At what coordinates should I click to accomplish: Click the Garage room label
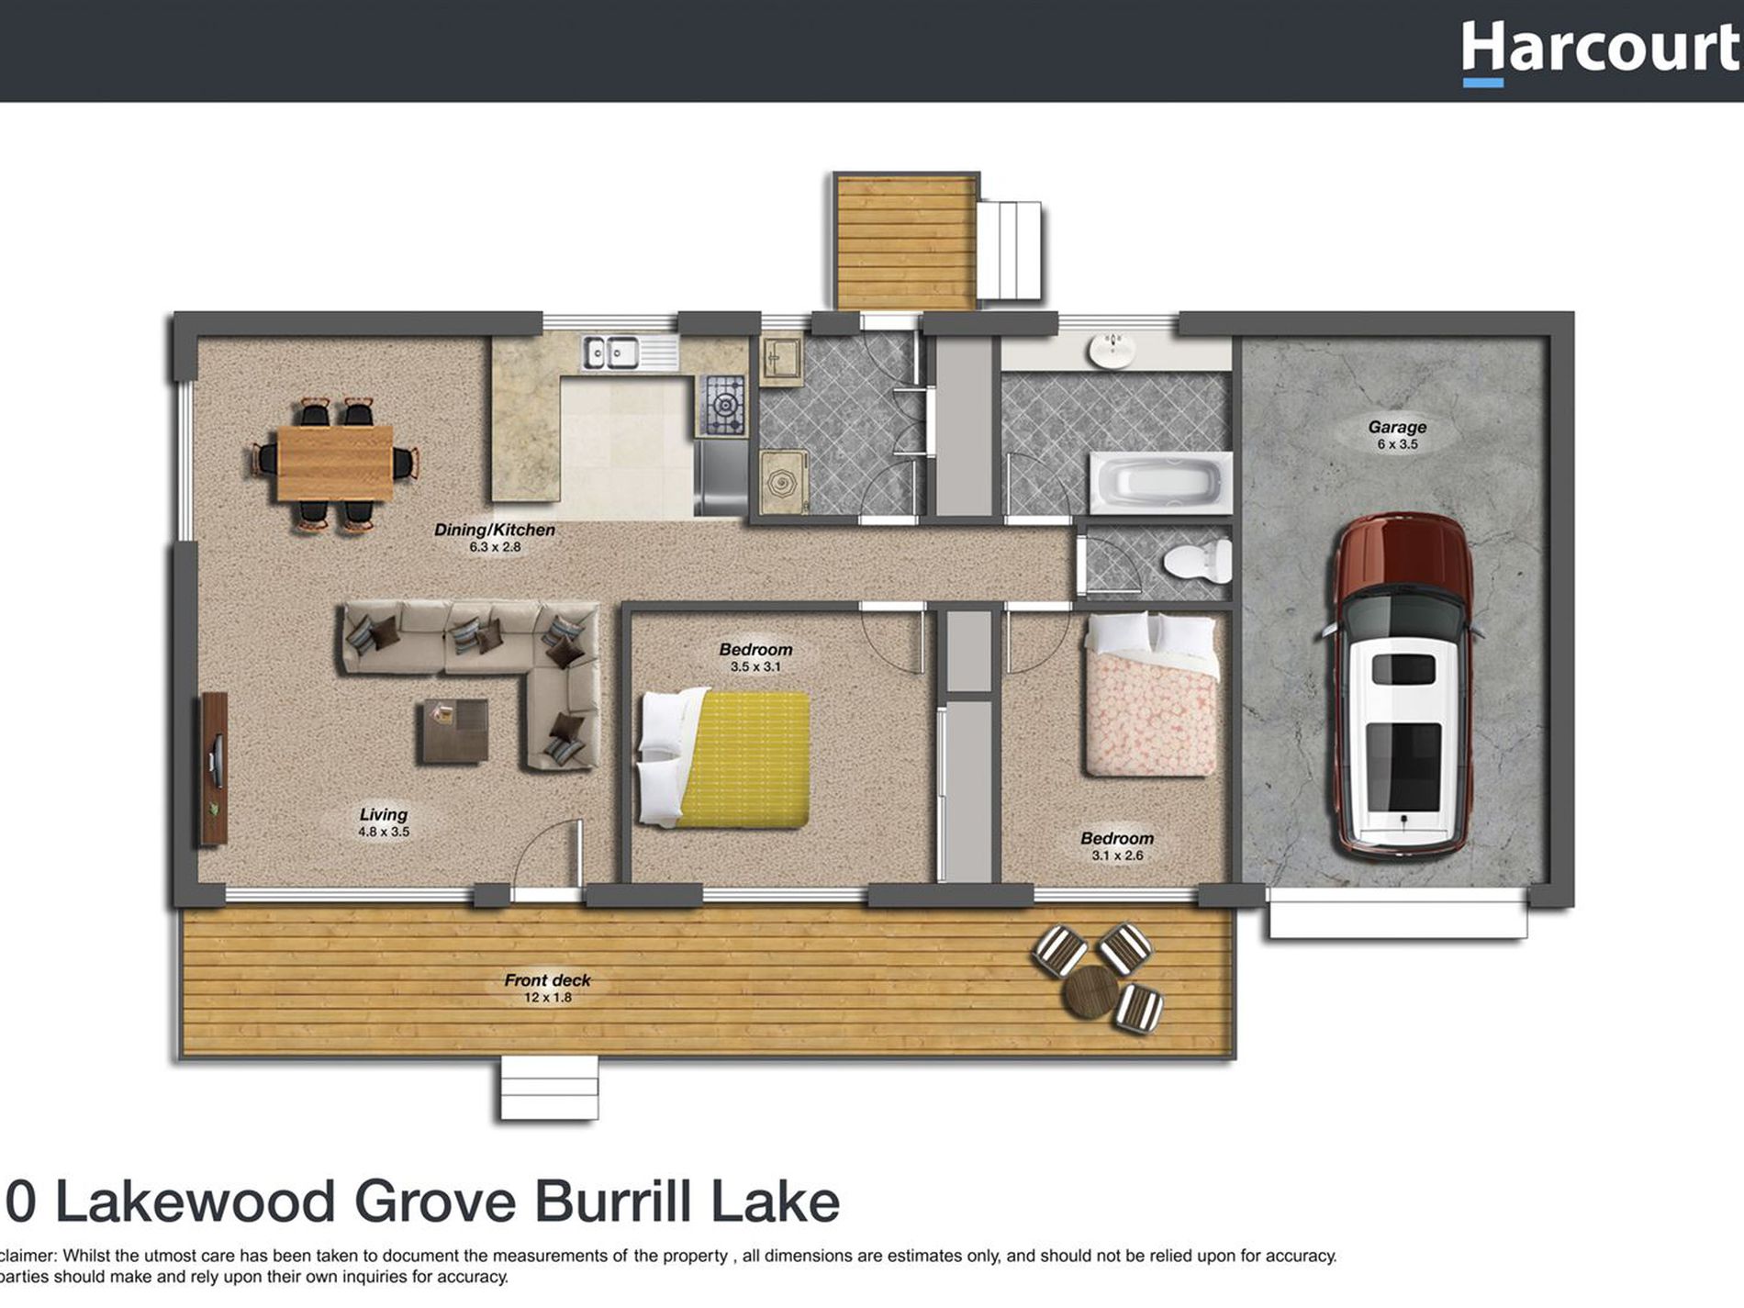[x=1397, y=427]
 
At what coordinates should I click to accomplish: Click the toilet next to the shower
[x=1198, y=560]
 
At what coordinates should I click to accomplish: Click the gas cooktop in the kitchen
[x=723, y=405]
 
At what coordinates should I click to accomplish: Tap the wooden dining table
[x=335, y=463]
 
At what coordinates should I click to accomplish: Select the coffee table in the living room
[x=455, y=731]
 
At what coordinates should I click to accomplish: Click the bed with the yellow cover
[x=725, y=759]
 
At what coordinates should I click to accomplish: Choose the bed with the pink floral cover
[x=1152, y=695]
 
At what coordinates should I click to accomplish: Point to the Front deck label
[x=547, y=980]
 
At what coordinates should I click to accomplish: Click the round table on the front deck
[x=1090, y=992]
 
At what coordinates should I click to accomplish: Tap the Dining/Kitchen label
[x=494, y=530]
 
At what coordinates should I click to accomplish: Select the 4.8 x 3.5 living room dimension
[x=384, y=833]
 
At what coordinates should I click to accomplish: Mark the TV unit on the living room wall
[x=214, y=769]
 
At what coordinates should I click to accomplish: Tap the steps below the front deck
[x=549, y=1089]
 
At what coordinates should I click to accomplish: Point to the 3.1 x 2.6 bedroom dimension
[x=1117, y=855]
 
